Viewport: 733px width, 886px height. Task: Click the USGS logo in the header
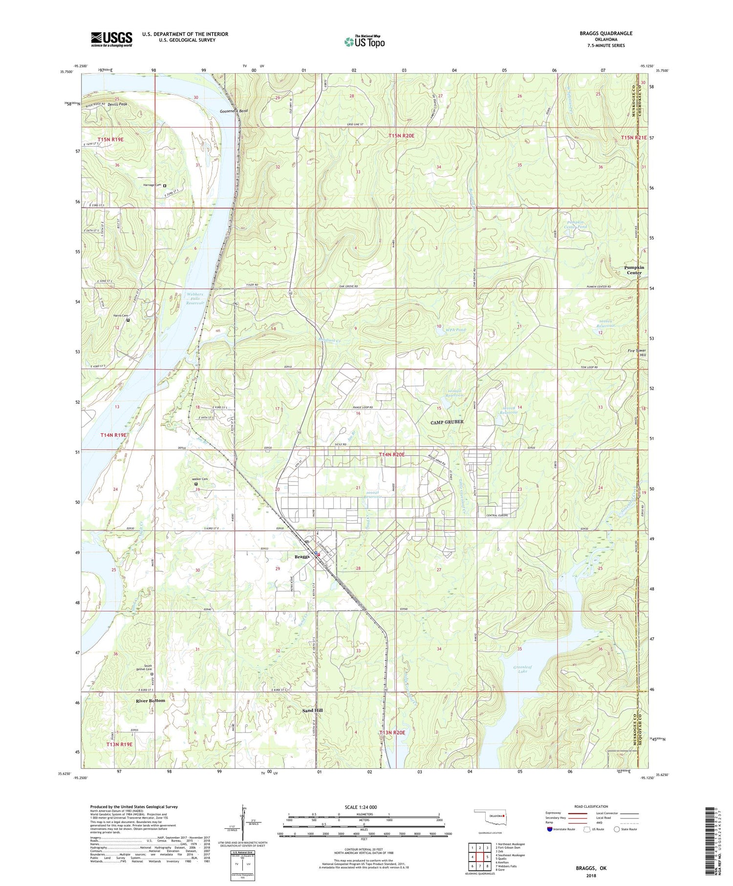pyautogui.click(x=111, y=39)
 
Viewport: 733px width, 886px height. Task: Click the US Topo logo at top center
pyautogui.click(x=364, y=42)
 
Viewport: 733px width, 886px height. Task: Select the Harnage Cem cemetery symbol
pyautogui.click(x=165, y=186)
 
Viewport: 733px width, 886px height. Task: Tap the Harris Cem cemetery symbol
pyautogui.click(x=128, y=321)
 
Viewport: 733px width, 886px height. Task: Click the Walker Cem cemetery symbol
pyautogui.click(x=196, y=484)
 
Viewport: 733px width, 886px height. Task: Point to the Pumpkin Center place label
pyautogui.click(x=634, y=270)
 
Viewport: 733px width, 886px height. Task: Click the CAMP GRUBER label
pyautogui.click(x=447, y=422)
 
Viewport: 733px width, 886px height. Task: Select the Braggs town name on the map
pyautogui.click(x=302, y=557)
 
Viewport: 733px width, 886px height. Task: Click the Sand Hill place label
pyautogui.click(x=312, y=710)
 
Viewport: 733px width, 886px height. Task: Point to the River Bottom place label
pyautogui.click(x=151, y=701)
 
